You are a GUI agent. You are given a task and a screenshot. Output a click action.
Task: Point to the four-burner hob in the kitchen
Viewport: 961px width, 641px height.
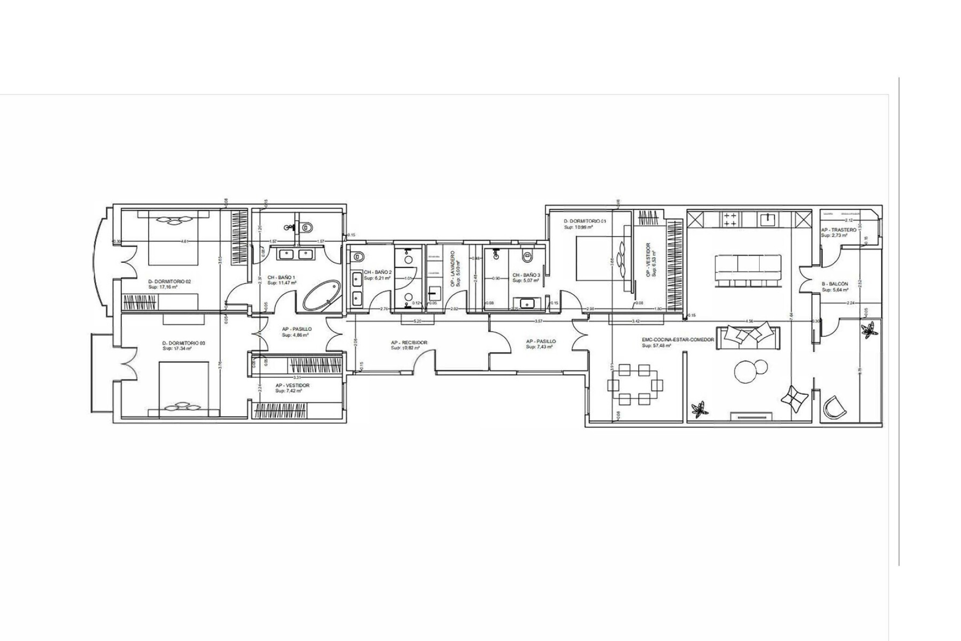coord(730,219)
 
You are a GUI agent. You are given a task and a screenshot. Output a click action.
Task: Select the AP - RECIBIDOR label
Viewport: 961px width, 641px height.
coord(409,342)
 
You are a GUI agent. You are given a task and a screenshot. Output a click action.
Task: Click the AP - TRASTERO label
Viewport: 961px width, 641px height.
coord(839,230)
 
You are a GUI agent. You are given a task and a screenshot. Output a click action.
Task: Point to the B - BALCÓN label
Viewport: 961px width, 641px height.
coord(835,284)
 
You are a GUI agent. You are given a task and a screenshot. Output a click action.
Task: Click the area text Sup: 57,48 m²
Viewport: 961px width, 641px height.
coord(656,346)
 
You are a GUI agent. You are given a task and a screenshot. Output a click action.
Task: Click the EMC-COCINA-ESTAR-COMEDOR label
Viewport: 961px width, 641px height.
coord(678,340)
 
